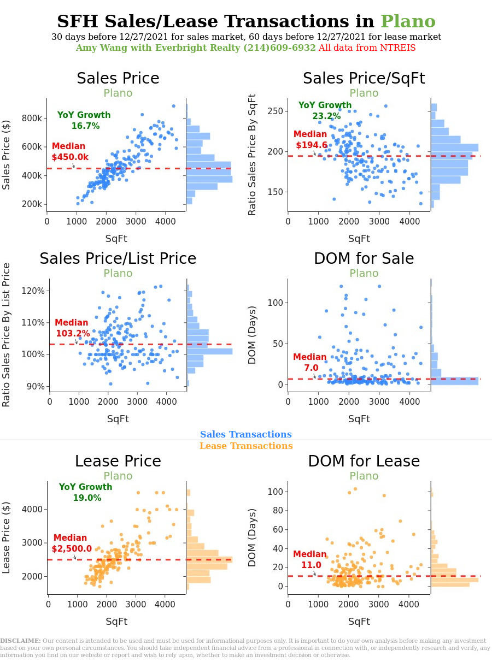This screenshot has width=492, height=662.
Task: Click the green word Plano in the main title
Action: tap(408, 22)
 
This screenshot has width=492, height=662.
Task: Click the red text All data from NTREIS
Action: tap(367, 48)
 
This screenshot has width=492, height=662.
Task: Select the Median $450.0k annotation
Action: tap(69, 152)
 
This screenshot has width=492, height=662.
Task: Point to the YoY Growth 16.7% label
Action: tap(84, 121)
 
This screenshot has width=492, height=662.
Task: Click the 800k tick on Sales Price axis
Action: tap(32, 119)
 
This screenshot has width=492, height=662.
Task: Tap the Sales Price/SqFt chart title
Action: tap(364, 79)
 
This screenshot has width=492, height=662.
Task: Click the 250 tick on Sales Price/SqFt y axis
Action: tap(275, 111)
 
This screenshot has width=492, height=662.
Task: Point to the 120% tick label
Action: tap(33, 291)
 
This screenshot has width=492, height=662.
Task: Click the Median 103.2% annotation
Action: tap(72, 328)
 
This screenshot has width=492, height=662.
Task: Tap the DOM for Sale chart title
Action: tap(364, 259)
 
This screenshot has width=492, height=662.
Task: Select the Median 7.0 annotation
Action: tap(310, 363)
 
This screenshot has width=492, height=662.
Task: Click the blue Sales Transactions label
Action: tap(245, 435)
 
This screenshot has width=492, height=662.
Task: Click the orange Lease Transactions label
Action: tap(245, 446)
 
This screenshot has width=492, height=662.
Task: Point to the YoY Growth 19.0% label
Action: tap(86, 493)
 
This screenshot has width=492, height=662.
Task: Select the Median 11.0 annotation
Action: tap(310, 560)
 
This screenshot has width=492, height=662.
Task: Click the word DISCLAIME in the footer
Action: tap(20, 641)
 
